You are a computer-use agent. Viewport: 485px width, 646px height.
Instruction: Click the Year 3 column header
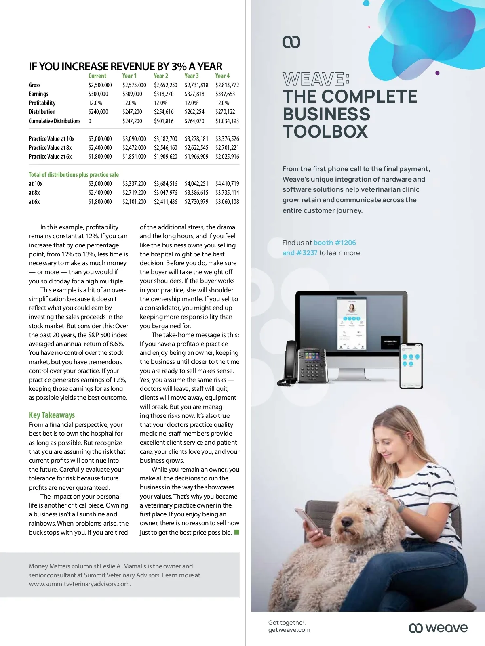pyautogui.click(x=192, y=76)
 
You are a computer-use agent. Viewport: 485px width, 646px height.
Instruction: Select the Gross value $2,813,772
pyautogui.click(x=227, y=85)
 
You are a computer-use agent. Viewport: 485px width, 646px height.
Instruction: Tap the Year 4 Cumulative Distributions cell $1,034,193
pyautogui.click(x=227, y=121)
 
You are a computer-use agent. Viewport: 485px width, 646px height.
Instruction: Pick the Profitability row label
pyautogui.click(x=42, y=103)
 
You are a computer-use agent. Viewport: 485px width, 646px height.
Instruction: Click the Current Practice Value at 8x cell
pyautogui.click(x=100, y=148)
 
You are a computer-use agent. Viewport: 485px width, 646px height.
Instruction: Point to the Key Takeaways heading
pyautogui.click(x=52, y=415)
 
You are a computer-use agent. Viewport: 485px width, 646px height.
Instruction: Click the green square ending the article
pyautogui.click(x=237, y=532)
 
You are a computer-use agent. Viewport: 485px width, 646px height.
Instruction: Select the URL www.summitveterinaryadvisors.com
pyautogui.click(x=80, y=584)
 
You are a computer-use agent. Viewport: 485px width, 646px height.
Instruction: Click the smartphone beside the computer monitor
pyautogui.click(x=411, y=365)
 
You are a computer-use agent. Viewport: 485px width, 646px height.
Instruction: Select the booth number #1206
pyautogui.click(x=335, y=243)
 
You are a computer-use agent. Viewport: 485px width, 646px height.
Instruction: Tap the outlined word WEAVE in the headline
pyautogui.click(x=313, y=79)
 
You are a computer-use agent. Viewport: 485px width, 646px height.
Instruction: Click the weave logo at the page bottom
pyautogui.click(x=438, y=628)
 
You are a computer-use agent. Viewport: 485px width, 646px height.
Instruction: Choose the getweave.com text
pyautogui.click(x=289, y=630)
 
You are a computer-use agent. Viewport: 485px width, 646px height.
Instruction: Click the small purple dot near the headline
pyautogui.click(x=437, y=73)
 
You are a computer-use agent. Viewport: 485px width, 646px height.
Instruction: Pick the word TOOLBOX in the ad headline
pyautogui.click(x=325, y=132)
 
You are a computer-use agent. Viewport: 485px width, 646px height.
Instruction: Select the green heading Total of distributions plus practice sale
pyautogui.click(x=74, y=175)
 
